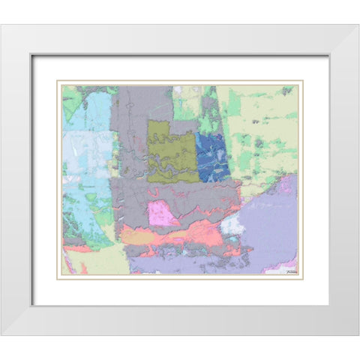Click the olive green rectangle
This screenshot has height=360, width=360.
[x=172, y=150]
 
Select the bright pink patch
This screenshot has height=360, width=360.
[x=164, y=214]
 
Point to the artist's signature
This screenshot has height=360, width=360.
[x=287, y=269]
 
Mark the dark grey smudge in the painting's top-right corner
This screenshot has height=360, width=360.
[x=287, y=91]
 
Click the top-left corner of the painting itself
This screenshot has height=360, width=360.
[x=62, y=85]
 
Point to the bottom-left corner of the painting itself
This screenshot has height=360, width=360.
[x=62, y=274]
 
